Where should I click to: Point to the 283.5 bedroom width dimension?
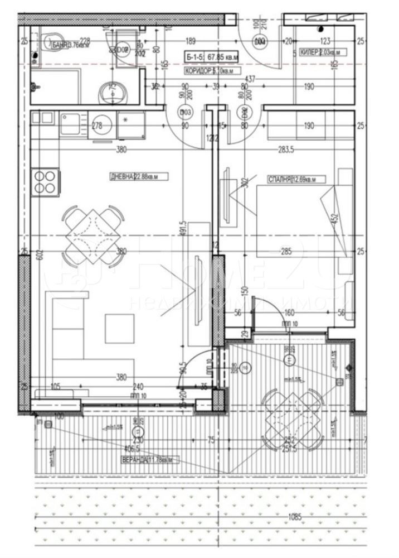click(x=288, y=149)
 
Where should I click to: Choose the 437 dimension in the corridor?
click(x=249, y=80)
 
